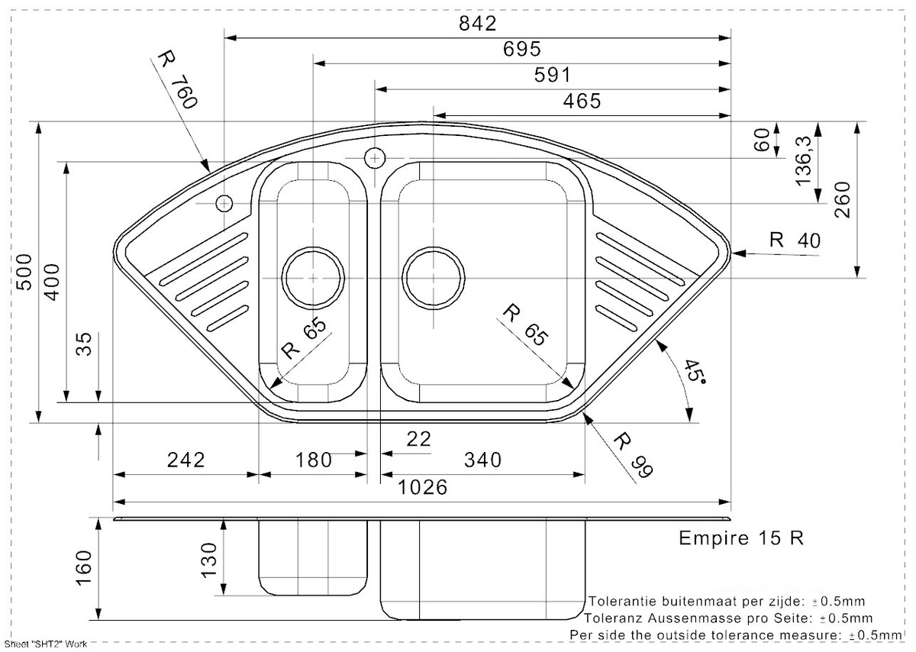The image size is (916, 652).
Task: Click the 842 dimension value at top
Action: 477,24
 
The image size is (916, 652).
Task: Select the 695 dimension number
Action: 522,50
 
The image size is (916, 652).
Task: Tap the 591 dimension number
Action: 552,76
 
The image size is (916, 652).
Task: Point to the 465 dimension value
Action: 582,101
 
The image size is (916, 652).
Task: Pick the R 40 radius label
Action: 795,240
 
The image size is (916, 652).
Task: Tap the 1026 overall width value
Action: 422,487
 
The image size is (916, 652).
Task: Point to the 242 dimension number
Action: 185,460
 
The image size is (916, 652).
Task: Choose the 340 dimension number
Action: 482,460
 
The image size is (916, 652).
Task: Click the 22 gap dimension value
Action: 419,439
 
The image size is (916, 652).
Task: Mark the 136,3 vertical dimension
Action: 803,161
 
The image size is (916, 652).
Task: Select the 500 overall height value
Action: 24,273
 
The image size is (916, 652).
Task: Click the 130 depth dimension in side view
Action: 208,560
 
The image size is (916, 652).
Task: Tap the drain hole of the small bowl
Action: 313,278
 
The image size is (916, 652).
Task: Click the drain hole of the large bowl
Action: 434,278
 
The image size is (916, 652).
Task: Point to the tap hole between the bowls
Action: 375,158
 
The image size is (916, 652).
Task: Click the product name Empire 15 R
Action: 741,538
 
